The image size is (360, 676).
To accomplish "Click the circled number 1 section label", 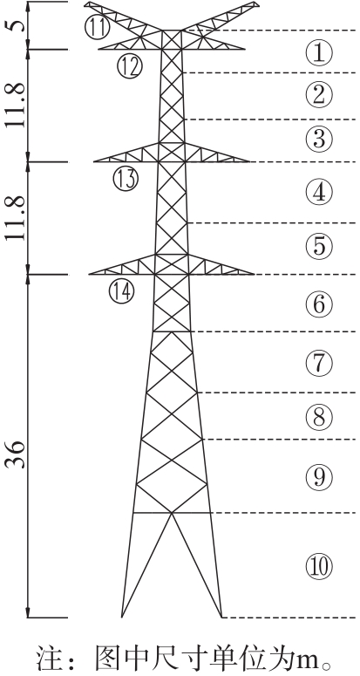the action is click(319, 53).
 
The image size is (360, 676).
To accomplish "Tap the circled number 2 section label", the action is click(319, 95).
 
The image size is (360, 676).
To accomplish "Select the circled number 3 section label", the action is click(319, 139).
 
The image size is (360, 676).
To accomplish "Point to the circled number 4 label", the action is click(319, 192).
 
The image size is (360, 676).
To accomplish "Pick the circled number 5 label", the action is click(319, 246).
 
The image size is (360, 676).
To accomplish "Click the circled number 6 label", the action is click(319, 304).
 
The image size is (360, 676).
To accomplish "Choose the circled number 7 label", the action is click(319, 363).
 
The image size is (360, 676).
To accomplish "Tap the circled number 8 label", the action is click(319, 416).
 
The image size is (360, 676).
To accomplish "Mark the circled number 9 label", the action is click(319, 476).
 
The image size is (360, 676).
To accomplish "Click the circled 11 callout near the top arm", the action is click(98, 27).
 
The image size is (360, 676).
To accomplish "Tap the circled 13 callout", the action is click(126, 179).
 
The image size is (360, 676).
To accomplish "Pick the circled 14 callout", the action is click(122, 291).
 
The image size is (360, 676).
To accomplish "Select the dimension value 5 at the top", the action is click(15, 25).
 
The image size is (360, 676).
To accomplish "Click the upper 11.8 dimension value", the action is click(15, 105).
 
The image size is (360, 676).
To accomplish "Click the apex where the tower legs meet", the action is click(173, 513).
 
